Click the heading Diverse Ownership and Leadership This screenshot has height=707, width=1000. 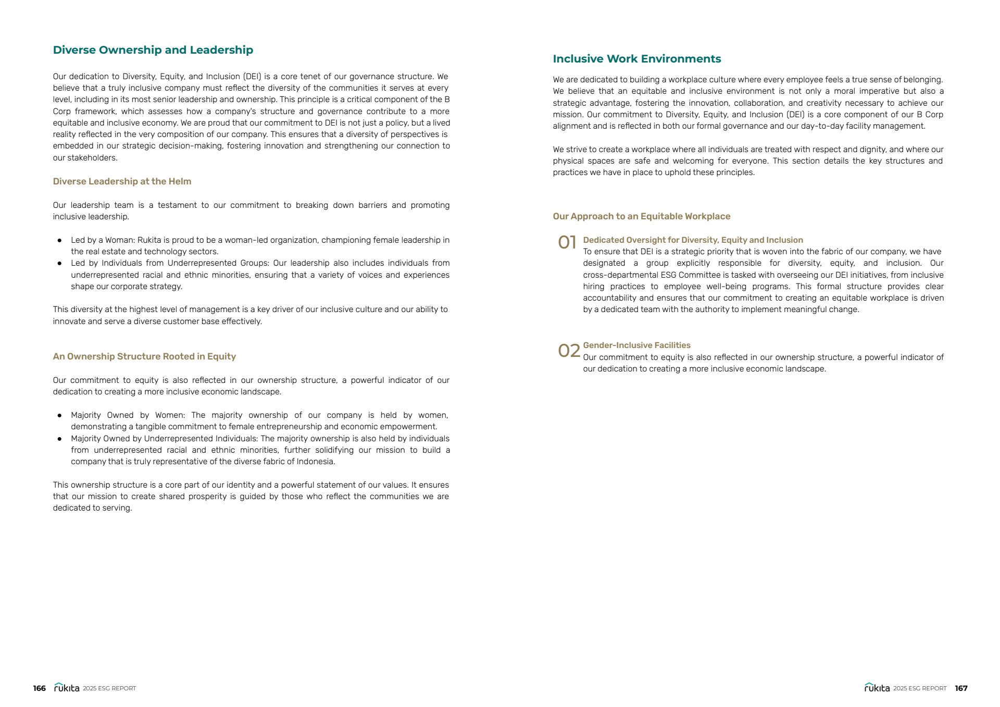(x=153, y=50)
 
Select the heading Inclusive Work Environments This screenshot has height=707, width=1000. (x=636, y=59)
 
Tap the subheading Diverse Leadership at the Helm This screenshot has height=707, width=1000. (x=122, y=181)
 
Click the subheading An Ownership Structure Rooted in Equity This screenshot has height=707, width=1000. (x=144, y=356)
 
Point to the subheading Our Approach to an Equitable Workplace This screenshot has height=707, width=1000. (x=641, y=216)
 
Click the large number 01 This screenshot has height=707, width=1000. (x=567, y=242)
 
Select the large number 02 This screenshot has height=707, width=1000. (x=568, y=351)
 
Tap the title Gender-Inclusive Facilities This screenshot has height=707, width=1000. (x=636, y=345)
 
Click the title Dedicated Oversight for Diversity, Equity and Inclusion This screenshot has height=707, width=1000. (x=693, y=240)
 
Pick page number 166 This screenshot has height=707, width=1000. (x=39, y=688)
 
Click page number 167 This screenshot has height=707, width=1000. (x=961, y=688)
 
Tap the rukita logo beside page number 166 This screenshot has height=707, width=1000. (x=67, y=688)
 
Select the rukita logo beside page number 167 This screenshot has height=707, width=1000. (x=877, y=688)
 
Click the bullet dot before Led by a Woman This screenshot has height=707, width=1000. (x=60, y=241)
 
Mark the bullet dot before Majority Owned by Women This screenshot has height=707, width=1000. (x=60, y=416)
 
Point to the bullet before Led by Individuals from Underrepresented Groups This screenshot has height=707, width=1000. (x=60, y=264)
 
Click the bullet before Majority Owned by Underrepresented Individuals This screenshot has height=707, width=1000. (x=60, y=439)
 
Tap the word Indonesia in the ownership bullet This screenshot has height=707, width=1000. (x=315, y=462)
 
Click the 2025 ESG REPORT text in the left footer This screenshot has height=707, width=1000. (x=109, y=688)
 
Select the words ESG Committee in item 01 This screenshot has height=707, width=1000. (x=691, y=275)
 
